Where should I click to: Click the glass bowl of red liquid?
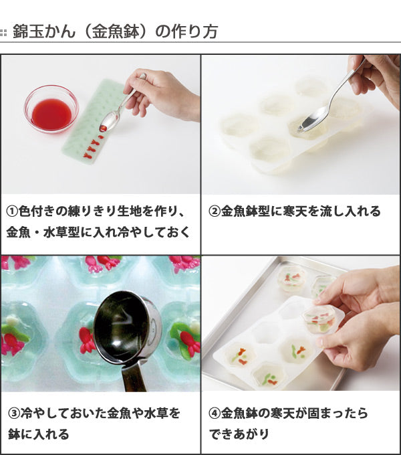51,109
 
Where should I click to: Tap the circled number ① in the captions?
12,211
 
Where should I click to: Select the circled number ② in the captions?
215,211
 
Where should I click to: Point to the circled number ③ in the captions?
14,414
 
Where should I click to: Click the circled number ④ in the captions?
215,414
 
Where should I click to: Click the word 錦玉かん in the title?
44,31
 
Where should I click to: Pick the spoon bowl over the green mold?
110,122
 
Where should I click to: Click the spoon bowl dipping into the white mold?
312,120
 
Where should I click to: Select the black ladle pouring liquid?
124,328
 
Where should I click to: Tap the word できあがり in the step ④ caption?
239,434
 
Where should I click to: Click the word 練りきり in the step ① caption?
92,211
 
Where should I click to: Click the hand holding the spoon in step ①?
162,96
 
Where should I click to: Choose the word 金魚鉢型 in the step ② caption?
245,211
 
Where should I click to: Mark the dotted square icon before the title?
3,32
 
